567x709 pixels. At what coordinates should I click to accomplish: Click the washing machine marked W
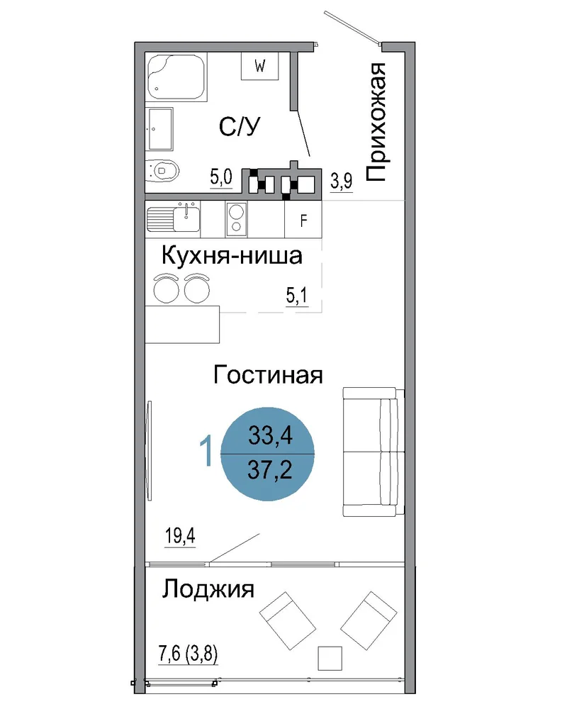[x=259, y=66]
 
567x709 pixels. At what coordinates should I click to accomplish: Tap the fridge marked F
[x=303, y=219]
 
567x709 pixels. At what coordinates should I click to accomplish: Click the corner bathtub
[x=176, y=77]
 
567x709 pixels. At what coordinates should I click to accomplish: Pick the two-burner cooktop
[x=237, y=219]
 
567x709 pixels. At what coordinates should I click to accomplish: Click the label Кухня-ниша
[x=232, y=256]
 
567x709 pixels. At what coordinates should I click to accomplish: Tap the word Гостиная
[x=268, y=375]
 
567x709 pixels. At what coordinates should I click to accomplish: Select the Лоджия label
[x=208, y=589]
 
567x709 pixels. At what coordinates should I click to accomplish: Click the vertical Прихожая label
[x=376, y=123]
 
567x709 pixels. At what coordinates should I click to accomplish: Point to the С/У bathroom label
[x=240, y=127]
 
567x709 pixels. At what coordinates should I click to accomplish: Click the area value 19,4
[x=180, y=536]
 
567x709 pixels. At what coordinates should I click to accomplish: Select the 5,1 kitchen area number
[x=297, y=295]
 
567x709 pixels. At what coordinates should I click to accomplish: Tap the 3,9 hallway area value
[x=342, y=181]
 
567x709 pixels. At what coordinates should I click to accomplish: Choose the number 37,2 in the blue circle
[x=270, y=470]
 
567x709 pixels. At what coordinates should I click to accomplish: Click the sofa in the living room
[x=374, y=452]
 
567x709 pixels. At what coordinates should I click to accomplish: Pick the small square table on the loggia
[x=330, y=658]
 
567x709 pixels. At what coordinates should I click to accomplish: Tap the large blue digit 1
[x=207, y=450]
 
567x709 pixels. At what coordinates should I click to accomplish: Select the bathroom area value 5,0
[x=221, y=177]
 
